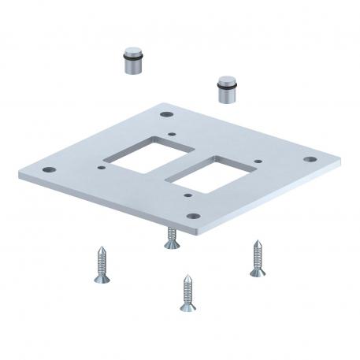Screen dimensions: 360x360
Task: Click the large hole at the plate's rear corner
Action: tap(168, 114)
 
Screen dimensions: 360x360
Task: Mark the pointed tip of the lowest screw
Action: tap(184, 276)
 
